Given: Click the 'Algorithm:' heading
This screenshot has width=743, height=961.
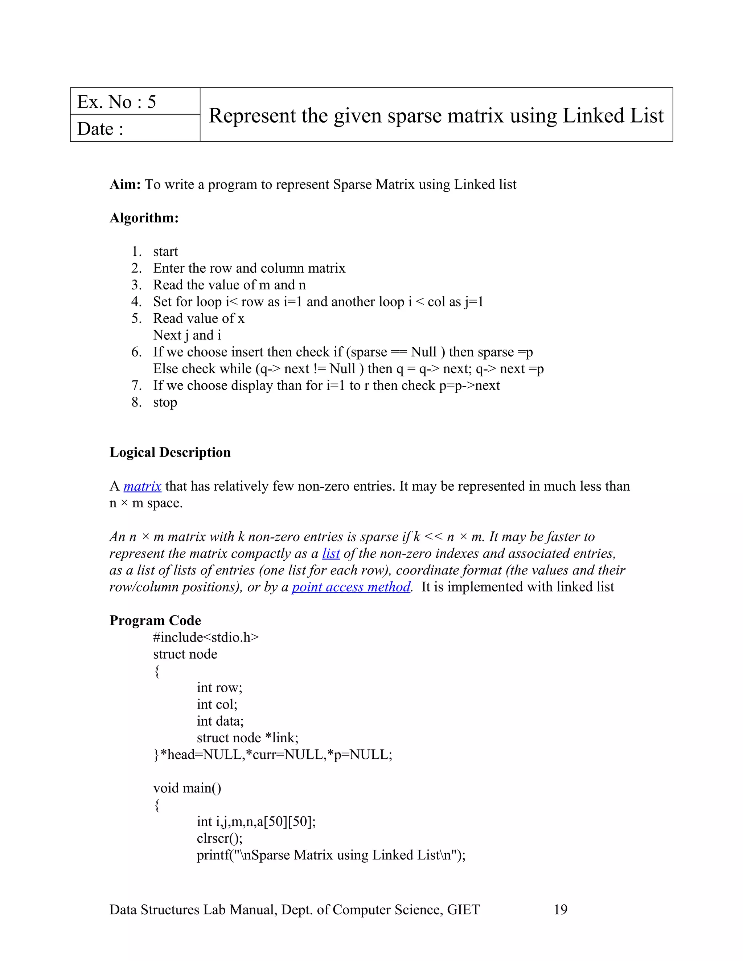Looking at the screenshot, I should point(144,218).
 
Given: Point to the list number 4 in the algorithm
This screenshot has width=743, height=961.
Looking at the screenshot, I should point(136,302).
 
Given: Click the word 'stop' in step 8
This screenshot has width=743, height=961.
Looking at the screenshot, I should point(165,402).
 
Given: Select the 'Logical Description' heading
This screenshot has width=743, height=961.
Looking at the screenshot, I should point(170,452).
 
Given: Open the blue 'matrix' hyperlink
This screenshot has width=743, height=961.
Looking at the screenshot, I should point(142,486).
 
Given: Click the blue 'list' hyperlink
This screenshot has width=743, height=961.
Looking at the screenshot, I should point(331,553).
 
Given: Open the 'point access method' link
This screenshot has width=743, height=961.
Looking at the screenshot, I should point(351,587).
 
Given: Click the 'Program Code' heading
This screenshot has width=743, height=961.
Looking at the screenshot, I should point(155,620).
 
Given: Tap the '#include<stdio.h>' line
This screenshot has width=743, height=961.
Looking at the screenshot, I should point(206,637).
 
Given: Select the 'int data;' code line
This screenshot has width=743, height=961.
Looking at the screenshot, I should point(220,721).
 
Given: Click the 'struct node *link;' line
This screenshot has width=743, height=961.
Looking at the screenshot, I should point(247,738).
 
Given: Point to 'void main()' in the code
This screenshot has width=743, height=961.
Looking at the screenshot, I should point(187,788).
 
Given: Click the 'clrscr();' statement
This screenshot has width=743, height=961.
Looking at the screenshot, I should point(219,838).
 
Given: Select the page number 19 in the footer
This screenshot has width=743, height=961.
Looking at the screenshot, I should point(560,910).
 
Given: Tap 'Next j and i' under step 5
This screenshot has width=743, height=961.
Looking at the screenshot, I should point(187,335).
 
